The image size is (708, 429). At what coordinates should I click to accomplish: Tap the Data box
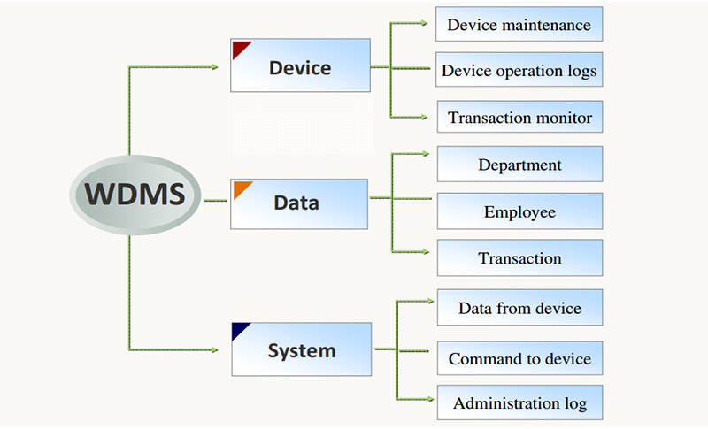(x=299, y=203)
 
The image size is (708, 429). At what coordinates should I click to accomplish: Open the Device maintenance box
(x=519, y=24)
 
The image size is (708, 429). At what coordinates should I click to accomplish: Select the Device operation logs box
(x=519, y=70)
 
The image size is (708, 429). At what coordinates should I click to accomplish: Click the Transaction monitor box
(x=519, y=117)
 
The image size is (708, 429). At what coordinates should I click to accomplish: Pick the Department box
(x=519, y=165)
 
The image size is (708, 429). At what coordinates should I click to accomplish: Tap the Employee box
(x=519, y=211)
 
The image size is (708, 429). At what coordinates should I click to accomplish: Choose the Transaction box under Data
(x=519, y=258)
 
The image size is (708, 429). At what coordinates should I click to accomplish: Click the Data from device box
(x=519, y=308)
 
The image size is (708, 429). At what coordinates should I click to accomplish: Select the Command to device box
(x=519, y=359)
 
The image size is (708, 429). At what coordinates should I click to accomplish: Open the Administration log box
(x=519, y=403)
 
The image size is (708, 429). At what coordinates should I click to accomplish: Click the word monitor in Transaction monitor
(x=563, y=117)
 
